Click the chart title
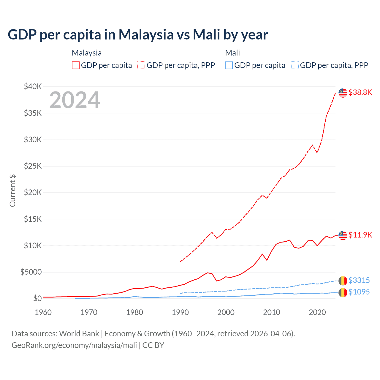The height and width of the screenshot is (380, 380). click(x=138, y=35)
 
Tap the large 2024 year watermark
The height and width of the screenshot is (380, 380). click(x=75, y=100)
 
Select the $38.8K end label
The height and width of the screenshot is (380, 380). click(x=360, y=92)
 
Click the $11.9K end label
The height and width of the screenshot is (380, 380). click(x=360, y=235)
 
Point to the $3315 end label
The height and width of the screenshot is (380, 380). click(x=359, y=280)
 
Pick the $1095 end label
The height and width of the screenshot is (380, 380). click(x=359, y=292)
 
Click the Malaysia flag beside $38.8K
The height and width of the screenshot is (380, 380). click(x=343, y=93)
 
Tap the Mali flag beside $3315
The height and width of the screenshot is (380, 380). click(x=343, y=281)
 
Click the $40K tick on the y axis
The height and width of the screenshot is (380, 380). click(x=33, y=87)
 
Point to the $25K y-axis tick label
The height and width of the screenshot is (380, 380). click(x=33, y=166)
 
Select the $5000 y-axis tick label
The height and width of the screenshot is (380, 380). click(x=31, y=272)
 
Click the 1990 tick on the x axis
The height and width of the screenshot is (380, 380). click(x=180, y=312)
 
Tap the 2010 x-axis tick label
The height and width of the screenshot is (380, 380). click(x=272, y=312)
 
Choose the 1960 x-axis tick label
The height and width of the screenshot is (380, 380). click(x=43, y=312)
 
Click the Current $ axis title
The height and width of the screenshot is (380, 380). click(x=12, y=191)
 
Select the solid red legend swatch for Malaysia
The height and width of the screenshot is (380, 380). click(x=76, y=65)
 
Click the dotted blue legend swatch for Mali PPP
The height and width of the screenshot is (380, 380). click(x=295, y=65)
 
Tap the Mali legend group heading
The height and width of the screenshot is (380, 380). click(x=232, y=53)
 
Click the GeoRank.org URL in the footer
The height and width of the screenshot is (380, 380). click(x=74, y=345)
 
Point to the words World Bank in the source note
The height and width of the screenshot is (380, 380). click(x=79, y=334)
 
